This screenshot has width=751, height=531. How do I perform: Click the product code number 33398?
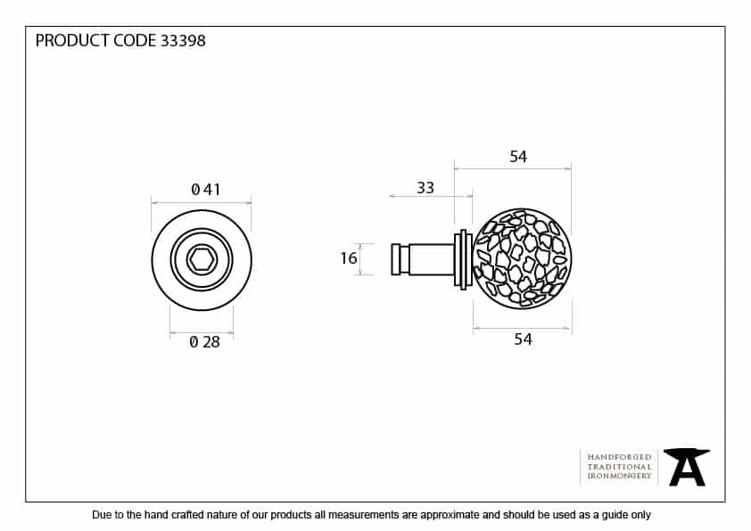(183, 41)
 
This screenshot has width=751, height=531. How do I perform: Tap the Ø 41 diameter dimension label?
(205, 190)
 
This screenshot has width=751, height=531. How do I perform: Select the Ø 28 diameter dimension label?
(204, 342)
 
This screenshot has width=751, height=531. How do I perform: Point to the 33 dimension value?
(425, 188)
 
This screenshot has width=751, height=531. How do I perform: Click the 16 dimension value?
(349, 258)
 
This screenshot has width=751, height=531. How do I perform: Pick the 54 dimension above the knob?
(518, 157)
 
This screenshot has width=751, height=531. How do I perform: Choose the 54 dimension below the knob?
(523, 339)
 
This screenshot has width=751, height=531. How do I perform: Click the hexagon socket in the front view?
(202, 260)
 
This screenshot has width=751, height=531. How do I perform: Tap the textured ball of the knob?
(522, 258)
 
